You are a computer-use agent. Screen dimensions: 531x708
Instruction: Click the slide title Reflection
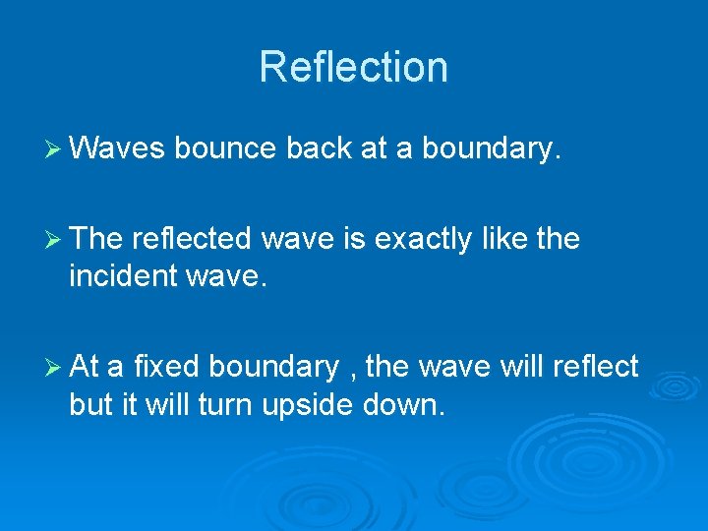pyautogui.click(x=353, y=67)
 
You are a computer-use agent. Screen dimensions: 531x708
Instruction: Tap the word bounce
pyautogui.click(x=225, y=147)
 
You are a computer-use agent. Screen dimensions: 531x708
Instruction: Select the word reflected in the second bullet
pyautogui.click(x=192, y=239)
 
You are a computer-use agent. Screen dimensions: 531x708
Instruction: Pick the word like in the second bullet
pyautogui.click(x=501, y=239)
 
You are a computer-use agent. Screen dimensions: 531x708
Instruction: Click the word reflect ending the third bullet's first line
pyautogui.click(x=596, y=367)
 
